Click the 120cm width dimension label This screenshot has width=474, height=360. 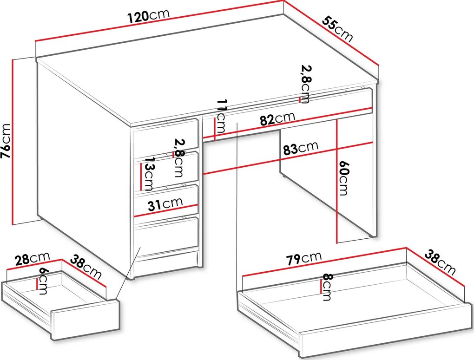point(148,16)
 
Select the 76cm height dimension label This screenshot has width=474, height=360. point(6,141)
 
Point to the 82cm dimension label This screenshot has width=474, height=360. point(277,119)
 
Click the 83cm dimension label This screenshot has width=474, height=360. point(301,148)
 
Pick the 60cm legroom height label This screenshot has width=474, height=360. point(344,178)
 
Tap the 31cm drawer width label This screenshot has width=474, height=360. point(165,204)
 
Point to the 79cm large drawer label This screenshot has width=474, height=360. point(304,258)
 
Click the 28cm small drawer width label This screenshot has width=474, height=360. point(33,259)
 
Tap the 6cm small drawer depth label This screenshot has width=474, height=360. point(43,281)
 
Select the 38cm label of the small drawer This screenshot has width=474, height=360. point(86,267)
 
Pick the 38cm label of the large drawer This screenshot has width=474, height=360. point(440,262)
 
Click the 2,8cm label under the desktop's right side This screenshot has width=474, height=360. point(306,85)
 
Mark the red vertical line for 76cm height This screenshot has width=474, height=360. point(13,142)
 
